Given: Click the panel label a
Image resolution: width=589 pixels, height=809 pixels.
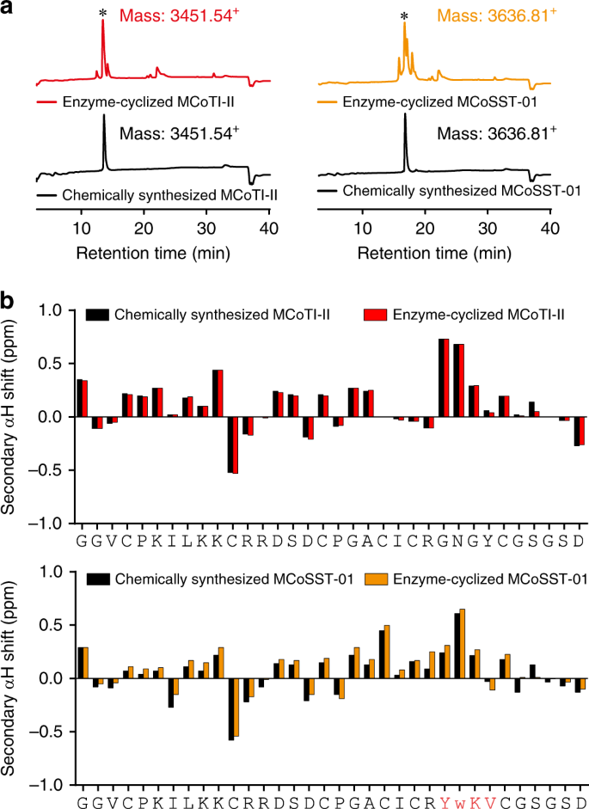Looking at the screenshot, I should (9, 9).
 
